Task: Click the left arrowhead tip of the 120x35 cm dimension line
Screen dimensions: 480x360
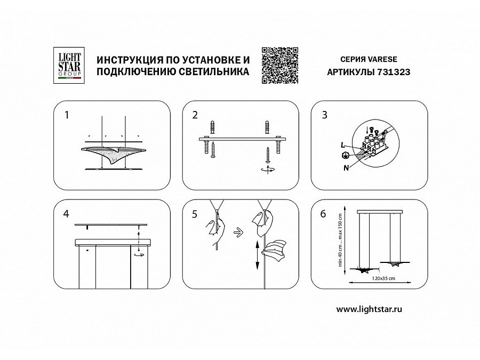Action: [349, 283]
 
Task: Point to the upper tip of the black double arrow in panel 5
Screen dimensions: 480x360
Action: [258, 241]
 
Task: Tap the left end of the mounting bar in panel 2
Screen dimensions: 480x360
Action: [199, 139]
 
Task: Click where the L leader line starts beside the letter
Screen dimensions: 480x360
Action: [347, 146]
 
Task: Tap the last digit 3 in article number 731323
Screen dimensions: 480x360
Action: [407, 72]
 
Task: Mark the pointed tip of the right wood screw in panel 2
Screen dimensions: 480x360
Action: [268, 148]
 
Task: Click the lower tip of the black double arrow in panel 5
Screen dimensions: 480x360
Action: [258, 270]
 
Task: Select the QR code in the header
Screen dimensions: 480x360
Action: [280, 65]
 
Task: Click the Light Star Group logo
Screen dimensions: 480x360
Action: [69, 65]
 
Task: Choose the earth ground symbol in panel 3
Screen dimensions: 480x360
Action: [345, 155]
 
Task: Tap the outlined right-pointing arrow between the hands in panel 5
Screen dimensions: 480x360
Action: [238, 233]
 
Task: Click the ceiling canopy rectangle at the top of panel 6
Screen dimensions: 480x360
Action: [380, 212]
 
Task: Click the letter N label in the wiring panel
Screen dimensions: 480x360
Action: [346, 168]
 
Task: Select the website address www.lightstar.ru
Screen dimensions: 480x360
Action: [369, 309]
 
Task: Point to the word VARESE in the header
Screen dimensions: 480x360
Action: [382, 59]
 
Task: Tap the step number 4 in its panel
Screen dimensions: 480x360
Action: [66, 214]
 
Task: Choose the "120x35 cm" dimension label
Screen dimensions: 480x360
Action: [383, 278]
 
